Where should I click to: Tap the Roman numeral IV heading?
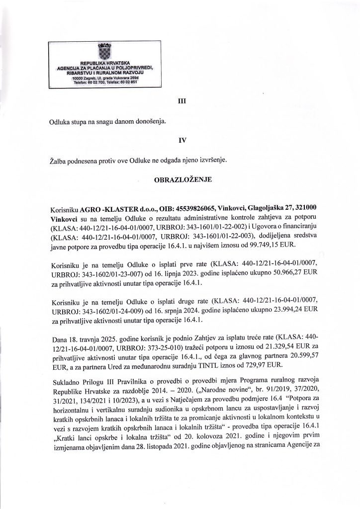click(181, 140)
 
